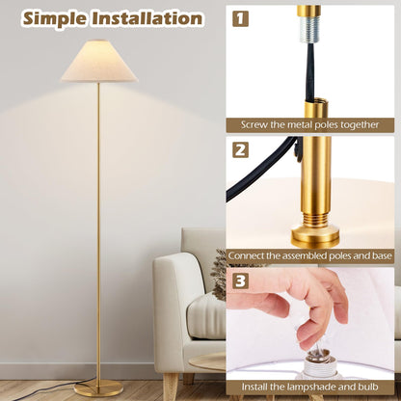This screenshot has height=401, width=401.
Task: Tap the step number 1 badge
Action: point(240,18)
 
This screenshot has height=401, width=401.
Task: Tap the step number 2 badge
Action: point(240,150)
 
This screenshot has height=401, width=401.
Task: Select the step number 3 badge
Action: point(240,282)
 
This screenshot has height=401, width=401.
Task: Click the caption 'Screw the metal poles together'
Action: point(310,125)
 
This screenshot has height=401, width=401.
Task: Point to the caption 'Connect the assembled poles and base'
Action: point(310,256)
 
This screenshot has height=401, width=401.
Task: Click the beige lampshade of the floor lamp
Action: point(98,63)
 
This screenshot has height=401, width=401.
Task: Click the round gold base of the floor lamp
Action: point(98,388)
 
